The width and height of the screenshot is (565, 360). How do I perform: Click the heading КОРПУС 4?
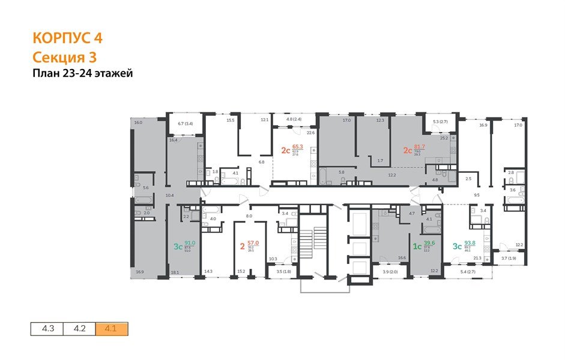67,38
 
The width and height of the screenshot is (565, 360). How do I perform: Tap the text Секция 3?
64,57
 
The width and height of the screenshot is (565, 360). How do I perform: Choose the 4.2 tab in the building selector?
79,329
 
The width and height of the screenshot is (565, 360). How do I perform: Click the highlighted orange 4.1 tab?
111,329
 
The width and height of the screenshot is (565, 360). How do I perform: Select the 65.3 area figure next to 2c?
297,146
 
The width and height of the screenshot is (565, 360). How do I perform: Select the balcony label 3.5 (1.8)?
283,272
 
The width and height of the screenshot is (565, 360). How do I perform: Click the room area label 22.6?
311,133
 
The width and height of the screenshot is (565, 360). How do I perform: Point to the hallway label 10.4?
169,196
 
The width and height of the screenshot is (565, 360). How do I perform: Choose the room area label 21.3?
478,258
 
